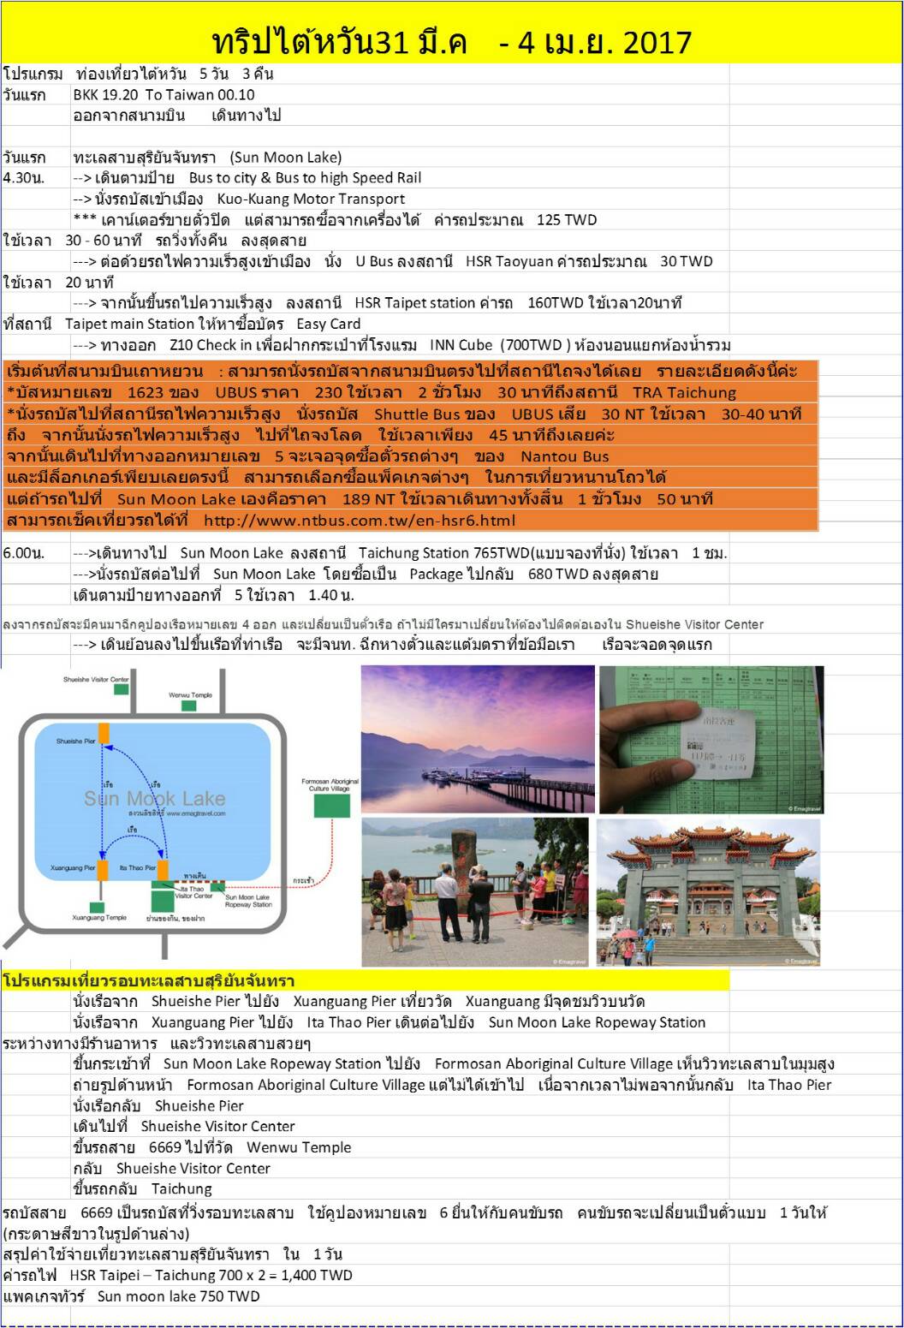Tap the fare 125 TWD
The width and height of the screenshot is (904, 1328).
(x=566, y=220)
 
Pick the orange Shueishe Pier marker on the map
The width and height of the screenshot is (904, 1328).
(x=104, y=733)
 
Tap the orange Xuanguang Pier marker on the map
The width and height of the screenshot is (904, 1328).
(x=103, y=870)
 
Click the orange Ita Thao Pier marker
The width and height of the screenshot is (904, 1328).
(x=163, y=870)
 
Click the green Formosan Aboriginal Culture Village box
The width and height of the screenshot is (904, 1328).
(x=331, y=805)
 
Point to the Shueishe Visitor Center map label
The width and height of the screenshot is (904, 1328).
(x=96, y=680)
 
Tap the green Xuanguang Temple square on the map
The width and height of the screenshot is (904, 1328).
(x=97, y=907)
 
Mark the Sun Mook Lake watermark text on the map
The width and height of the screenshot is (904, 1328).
(x=154, y=799)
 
